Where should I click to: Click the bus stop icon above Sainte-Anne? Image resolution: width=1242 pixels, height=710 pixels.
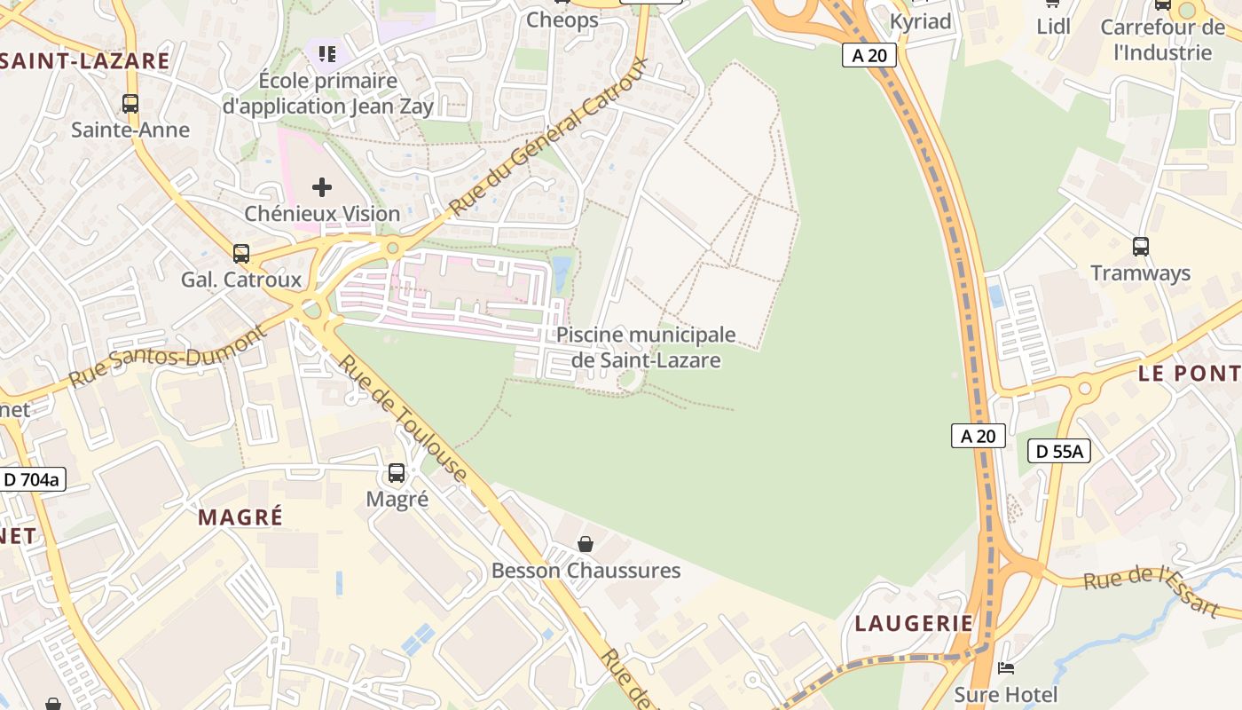click(x=130, y=103)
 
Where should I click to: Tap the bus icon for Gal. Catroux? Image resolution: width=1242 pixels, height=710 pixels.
click(x=241, y=254)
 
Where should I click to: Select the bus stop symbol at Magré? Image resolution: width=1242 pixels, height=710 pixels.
click(x=397, y=473)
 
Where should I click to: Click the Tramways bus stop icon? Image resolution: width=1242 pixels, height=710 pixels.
click(x=1141, y=247)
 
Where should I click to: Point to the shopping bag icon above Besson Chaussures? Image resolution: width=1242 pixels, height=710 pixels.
click(x=586, y=544)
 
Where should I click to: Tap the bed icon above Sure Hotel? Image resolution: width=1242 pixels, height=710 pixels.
click(x=1005, y=667)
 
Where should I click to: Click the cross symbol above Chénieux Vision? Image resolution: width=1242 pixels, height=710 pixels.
click(x=322, y=187)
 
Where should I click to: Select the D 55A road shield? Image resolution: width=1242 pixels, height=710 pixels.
click(x=1058, y=451)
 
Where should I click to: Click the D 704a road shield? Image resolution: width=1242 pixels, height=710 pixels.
click(x=32, y=480)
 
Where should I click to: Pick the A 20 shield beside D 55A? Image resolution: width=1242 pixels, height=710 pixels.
click(x=979, y=436)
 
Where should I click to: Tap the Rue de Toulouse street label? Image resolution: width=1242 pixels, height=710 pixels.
click(x=403, y=420)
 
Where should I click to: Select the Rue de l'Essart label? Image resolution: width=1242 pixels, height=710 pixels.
click(x=1152, y=591)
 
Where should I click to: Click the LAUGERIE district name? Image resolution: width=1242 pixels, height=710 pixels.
click(x=914, y=624)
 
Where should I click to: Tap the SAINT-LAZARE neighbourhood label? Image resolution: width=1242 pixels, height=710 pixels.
click(x=84, y=61)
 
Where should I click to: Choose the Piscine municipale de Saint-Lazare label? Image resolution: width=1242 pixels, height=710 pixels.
click(x=646, y=347)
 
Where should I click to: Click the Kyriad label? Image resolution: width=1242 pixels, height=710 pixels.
click(x=920, y=21)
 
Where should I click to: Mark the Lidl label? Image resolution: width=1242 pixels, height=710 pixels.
click(x=1053, y=27)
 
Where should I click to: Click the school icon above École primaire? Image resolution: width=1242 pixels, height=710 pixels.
click(x=327, y=54)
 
